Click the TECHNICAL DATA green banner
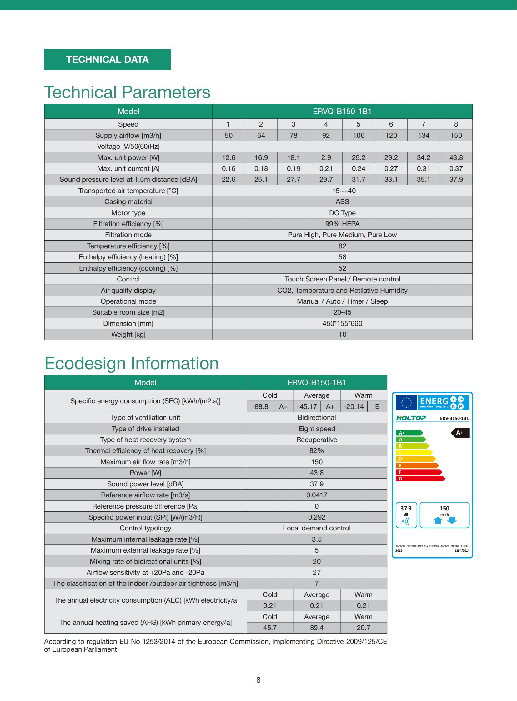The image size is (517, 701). point(107,59)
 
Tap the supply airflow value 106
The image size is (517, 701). point(359,136)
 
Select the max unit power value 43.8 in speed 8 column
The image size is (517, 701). point(456,158)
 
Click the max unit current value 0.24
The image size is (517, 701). point(359,169)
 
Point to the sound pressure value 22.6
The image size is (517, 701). point(228,180)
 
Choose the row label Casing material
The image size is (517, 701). point(128,202)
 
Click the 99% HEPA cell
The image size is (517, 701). point(342,224)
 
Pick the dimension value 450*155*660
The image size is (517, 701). point(342,323)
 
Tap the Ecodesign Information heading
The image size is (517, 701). point(132,363)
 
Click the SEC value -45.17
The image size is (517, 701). point(307,407)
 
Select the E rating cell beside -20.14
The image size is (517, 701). point(377,407)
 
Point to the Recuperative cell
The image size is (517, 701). point(317,440)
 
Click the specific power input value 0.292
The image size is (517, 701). point(317,517)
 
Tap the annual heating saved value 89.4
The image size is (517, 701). point(317,628)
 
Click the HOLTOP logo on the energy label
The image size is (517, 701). point(411,418)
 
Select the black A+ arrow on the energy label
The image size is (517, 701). point(460,433)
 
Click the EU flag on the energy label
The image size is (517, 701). point(406,403)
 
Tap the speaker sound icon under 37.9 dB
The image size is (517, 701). point(406,521)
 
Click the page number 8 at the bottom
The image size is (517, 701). point(258,680)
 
